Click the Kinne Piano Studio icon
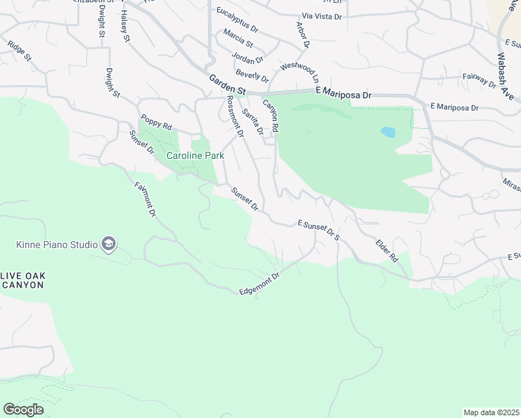click(109, 244)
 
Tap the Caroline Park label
click(195, 156)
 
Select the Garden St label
click(228, 86)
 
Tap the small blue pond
click(388, 131)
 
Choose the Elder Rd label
click(386, 250)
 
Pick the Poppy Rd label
click(156, 123)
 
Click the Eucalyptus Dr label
click(237, 20)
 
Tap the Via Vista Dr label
click(322, 15)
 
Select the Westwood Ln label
click(299, 71)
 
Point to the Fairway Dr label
click(479, 81)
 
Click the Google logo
click(23, 410)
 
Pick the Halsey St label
click(125, 26)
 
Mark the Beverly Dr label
click(252, 75)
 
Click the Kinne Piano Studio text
click(57, 245)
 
